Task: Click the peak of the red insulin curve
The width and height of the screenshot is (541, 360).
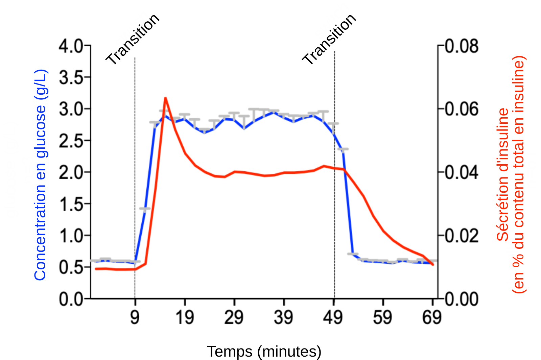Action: point(165,98)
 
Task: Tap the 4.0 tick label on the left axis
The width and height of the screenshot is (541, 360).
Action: point(71,46)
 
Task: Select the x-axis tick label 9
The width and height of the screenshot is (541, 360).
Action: point(135,317)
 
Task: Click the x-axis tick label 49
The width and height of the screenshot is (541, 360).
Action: point(333,317)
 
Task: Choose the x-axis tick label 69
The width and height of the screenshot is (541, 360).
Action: point(432,317)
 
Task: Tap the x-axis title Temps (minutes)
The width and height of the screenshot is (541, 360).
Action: point(264,352)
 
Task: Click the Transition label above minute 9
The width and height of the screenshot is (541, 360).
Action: point(133,39)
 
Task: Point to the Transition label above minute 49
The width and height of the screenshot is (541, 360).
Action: point(329,39)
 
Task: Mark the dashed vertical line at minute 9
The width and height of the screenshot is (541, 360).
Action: point(135,169)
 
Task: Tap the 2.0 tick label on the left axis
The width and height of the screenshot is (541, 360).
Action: point(71,172)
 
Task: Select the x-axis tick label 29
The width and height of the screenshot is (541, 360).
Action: point(234,317)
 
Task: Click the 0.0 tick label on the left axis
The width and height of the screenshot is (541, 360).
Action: point(71,299)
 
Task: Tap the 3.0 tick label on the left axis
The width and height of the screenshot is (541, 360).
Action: point(71,109)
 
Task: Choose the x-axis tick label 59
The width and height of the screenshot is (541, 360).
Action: point(382,317)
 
